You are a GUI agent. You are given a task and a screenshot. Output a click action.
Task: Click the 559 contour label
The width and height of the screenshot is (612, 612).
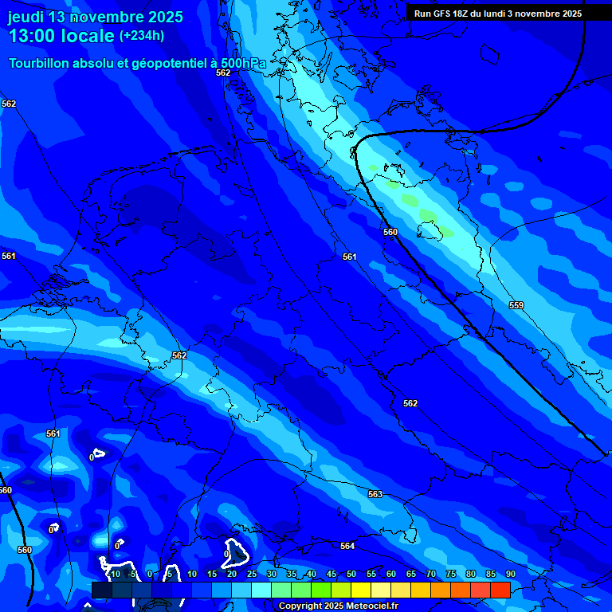click(516, 305)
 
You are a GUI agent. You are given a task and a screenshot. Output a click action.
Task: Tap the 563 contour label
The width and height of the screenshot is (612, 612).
click(375, 494)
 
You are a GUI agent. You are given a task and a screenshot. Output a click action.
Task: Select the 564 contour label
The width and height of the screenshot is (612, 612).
click(347, 546)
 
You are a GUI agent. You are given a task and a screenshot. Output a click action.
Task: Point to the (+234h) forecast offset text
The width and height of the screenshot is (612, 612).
click(142, 35)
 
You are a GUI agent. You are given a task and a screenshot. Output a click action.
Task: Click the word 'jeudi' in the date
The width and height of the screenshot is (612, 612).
click(25, 17)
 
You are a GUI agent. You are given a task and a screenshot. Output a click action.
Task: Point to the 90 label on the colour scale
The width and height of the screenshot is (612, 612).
click(510, 574)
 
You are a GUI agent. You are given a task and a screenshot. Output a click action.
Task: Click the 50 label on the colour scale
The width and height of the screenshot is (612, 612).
click(351, 574)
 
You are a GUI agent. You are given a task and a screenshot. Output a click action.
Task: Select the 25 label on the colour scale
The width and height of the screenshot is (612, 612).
click(252, 574)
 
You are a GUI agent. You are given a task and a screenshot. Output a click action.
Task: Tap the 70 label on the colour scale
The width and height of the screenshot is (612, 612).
click(431, 574)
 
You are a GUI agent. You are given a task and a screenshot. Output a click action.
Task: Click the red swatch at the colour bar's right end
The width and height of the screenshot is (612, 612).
click(500, 590)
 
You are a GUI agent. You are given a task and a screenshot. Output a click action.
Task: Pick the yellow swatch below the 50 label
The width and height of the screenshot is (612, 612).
click(361, 590)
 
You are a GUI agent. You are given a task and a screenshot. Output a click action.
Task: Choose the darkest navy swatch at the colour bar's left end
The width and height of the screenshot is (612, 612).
click(101, 590)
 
